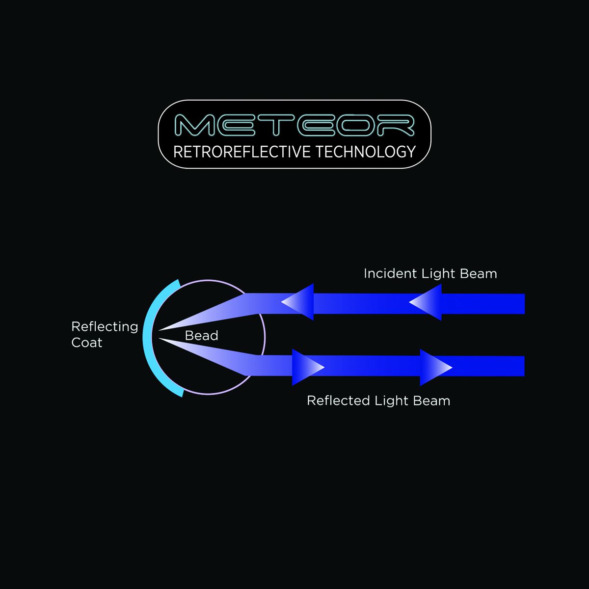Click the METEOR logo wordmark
pyautogui.click(x=294, y=126)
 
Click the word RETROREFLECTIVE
pyautogui.click(x=242, y=152)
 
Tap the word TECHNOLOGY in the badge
pyautogui.click(x=366, y=152)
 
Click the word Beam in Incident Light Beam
pyautogui.click(x=480, y=273)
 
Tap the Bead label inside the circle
pyautogui.click(x=201, y=336)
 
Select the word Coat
pyautogui.click(x=87, y=343)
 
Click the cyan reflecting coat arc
pyautogui.click(x=147, y=339)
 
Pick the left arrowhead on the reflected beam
pyautogui.click(x=307, y=367)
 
